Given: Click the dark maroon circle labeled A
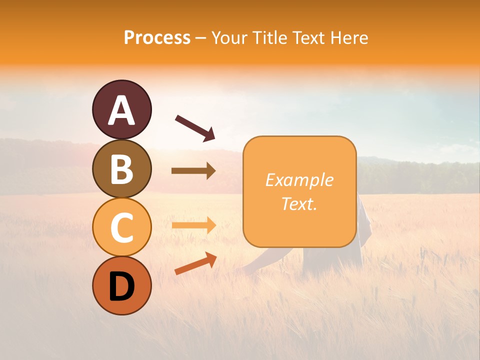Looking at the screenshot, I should click(121, 109).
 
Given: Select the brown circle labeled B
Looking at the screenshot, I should click(121, 168).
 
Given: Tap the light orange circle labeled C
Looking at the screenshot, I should click(121, 227).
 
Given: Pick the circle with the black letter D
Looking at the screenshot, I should click(121, 285).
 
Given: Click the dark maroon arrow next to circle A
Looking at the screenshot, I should click(195, 127).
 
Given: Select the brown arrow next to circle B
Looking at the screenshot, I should click(193, 171).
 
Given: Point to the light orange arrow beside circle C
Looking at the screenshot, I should click(193, 225).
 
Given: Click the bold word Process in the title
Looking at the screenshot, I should click(157, 37).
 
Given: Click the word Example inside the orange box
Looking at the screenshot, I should click(299, 180).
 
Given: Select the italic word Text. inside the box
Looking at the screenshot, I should click(299, 203).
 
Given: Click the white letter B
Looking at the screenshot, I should click(121, 168).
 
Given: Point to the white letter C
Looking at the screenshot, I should click(121, 227).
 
